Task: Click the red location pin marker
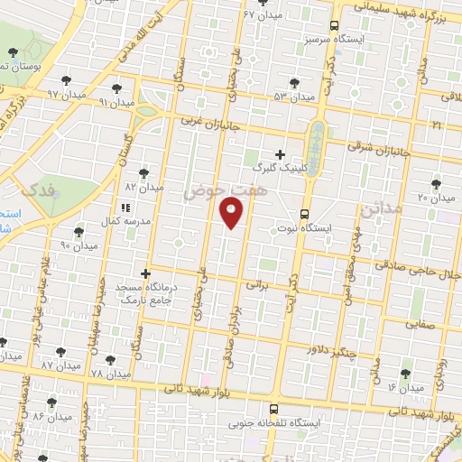(232, 210)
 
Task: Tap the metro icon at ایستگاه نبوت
(303, 215)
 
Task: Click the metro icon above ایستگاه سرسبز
(334, 26)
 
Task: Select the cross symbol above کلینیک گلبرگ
(280, 154)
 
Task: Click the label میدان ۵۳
(293, 97)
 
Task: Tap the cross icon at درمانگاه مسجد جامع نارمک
(145, 273)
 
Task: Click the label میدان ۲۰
(435, 198)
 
